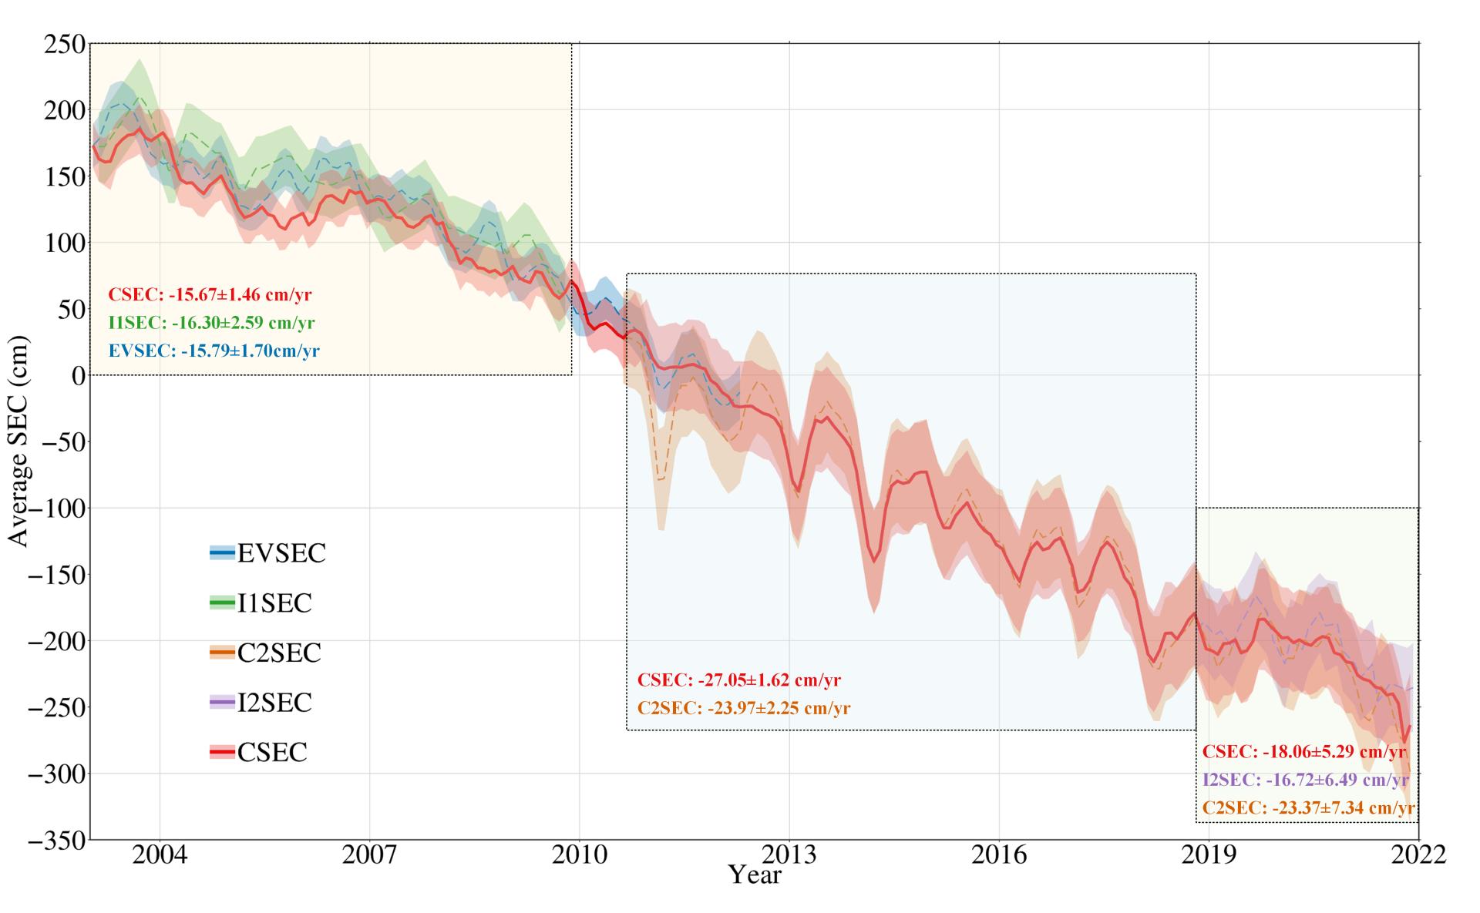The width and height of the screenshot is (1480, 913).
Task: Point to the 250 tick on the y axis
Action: tap(65, 44)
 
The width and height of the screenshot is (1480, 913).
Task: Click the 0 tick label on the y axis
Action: tap(78, 375)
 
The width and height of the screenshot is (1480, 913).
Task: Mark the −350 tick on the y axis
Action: tap(57, 840)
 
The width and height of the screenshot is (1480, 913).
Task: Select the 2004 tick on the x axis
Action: tap(160, 856)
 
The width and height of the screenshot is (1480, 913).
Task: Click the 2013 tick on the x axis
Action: tap(789, 856)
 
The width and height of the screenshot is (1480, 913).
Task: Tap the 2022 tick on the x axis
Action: tap(1418, 856)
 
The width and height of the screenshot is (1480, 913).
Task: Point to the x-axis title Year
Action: tap(755, 875)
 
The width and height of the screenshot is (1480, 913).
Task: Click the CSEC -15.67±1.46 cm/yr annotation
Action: tap(210, 294)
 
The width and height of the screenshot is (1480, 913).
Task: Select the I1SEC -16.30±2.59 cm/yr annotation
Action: tap(211, 323)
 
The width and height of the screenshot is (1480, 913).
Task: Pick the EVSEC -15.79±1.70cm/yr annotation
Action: tap(214, 351)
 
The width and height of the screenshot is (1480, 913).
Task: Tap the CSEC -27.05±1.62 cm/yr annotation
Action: tap(738, 680)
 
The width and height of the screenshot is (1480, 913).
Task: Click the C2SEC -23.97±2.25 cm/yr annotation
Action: tap(743, 708)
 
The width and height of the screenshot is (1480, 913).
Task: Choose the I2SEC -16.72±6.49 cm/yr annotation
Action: tap(1306, 780)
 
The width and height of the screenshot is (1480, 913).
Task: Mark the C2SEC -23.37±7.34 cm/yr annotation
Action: tap(1308, 808)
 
